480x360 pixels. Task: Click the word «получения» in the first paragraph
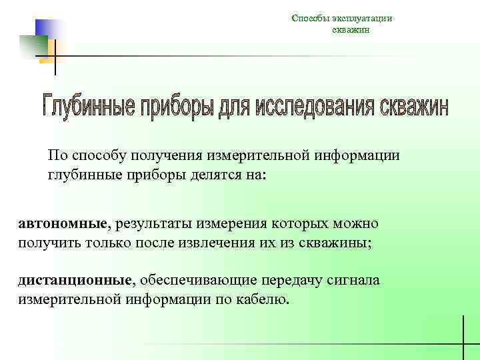pyautogui.click(x=173, y=156)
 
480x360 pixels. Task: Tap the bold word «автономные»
pyautogui.click(x=63, y=223)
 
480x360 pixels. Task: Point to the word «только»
pyautogui.click(x=107, y=243)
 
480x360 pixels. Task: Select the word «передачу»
pyautogui.click(x=290, y=280)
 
